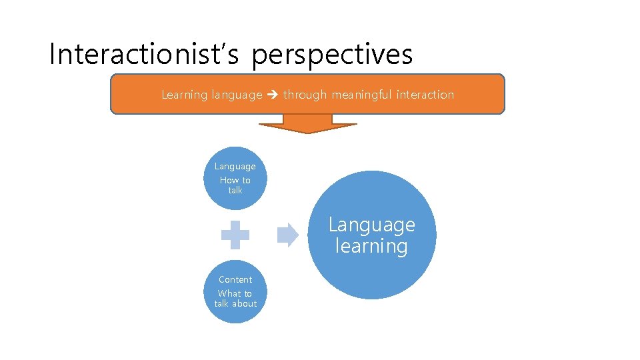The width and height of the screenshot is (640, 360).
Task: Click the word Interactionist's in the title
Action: click(x=143, y=55)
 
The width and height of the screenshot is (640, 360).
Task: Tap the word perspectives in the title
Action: click(x=332, y=55)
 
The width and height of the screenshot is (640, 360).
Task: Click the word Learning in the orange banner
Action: click(x=185, y=95)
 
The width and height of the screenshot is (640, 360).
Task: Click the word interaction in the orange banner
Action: click(x=425, y=95)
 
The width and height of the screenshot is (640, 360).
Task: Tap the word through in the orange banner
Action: click(x=305, y=95)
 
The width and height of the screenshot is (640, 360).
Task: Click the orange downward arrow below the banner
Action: click(x=307, y=124)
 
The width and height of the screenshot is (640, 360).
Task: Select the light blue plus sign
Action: click(x=235, y=235)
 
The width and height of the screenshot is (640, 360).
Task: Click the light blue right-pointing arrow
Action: click(x=287, y=235)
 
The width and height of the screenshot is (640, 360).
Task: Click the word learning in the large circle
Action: click(x=371, y=246)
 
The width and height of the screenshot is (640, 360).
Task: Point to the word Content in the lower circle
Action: click(x=235, y=279)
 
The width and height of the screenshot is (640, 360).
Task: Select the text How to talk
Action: click(x=235, y=185)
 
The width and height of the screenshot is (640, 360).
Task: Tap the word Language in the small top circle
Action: click(x=235, y=166)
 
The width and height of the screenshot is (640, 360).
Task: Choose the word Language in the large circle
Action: click(x=371, y=225)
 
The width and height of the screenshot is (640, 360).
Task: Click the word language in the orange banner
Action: click(x=237, y=95)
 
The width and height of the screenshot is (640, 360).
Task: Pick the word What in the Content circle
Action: click(x=229, y=293)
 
